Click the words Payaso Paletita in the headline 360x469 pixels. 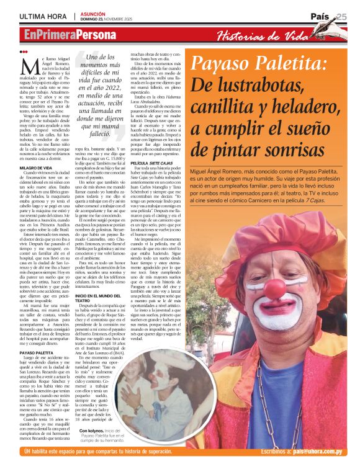(x=260, y=64)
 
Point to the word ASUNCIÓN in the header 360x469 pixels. (x=94, y=13)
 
